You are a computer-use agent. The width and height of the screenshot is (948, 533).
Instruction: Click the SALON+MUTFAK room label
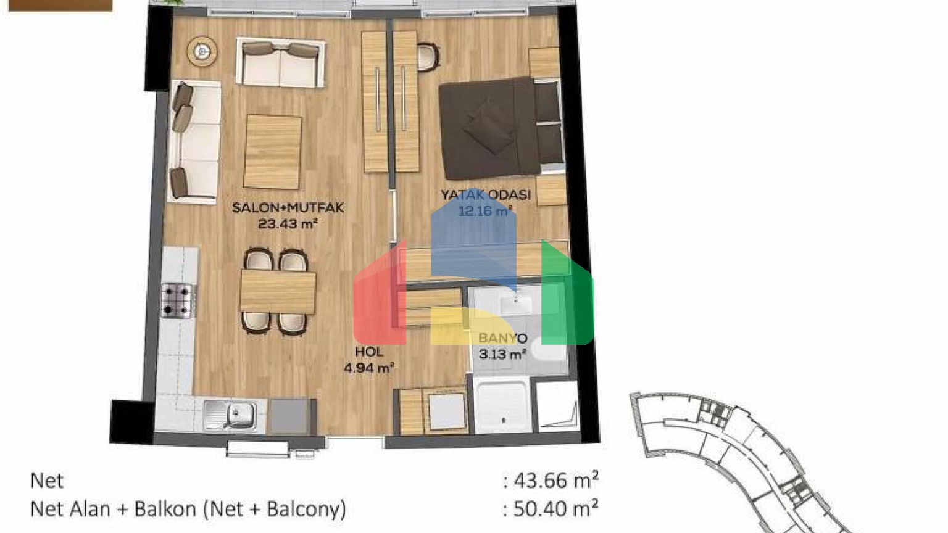click(288, 208)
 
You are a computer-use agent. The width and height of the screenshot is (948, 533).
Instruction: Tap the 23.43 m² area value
click(288, 224)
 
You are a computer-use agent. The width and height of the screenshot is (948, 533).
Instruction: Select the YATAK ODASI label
click(486, 195)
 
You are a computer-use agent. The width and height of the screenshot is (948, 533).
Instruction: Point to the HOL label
click(369, 352)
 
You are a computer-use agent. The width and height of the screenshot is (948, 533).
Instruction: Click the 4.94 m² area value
click(369, 368)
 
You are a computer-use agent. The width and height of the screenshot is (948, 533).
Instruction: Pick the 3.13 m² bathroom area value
click(503, 353)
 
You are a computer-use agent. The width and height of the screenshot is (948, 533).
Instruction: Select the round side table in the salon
click(202, 51)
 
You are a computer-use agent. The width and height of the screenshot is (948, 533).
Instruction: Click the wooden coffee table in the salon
click(273, 152)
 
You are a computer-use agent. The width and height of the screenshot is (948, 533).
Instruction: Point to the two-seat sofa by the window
click(281, 62)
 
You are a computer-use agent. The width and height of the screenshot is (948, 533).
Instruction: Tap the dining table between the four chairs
click(278, 292)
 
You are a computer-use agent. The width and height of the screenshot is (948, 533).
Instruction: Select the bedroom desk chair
click(428, 57)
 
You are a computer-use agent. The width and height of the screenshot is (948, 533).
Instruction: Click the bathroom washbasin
click(515, 303)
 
